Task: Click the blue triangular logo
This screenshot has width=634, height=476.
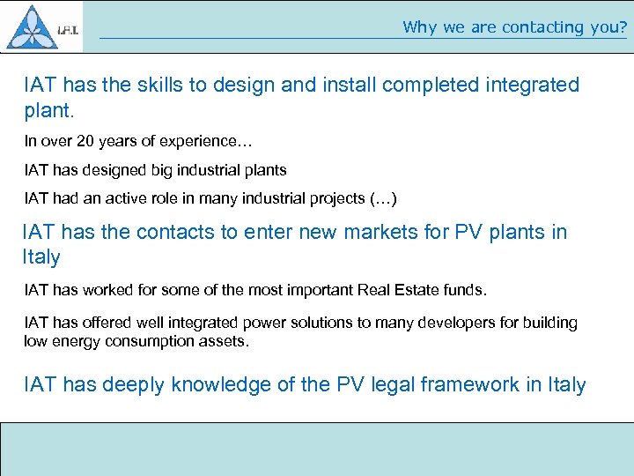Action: tap(32, 27)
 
